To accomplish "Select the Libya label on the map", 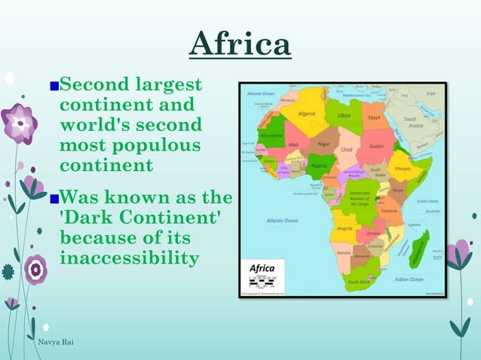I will point(344,116).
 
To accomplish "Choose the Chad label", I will point(348,149).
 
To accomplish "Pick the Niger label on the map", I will point(323,142).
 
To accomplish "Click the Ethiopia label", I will point(403,169).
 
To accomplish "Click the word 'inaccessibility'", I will point(129,258).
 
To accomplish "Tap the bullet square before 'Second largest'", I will point(53,85).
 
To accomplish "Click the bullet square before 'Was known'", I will point(53,201).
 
